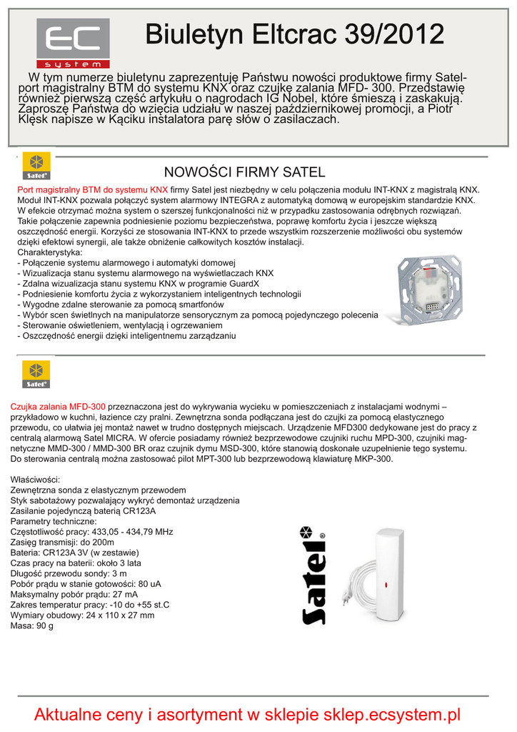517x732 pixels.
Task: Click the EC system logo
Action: pyautogui.click(x=74, y=44)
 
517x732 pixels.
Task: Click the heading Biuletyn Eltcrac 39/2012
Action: pyautogui.click(x=295, y=33)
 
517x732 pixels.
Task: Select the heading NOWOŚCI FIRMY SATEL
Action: pyautogui.click(x=244, y=172)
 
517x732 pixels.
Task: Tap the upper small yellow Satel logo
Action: pyautogui.click(x=36, y=165)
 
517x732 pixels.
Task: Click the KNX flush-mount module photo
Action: pyautogui.click(x=433, y=288)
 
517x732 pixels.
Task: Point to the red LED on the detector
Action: pyautogui.click(x=386, y=584)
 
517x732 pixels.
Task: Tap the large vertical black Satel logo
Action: pyautogui.click(x=314, y=577)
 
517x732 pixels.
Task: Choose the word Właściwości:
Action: pyautogui.click(x=36, y=480)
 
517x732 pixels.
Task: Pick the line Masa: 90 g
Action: pyautogui.click(x=32, y=625)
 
